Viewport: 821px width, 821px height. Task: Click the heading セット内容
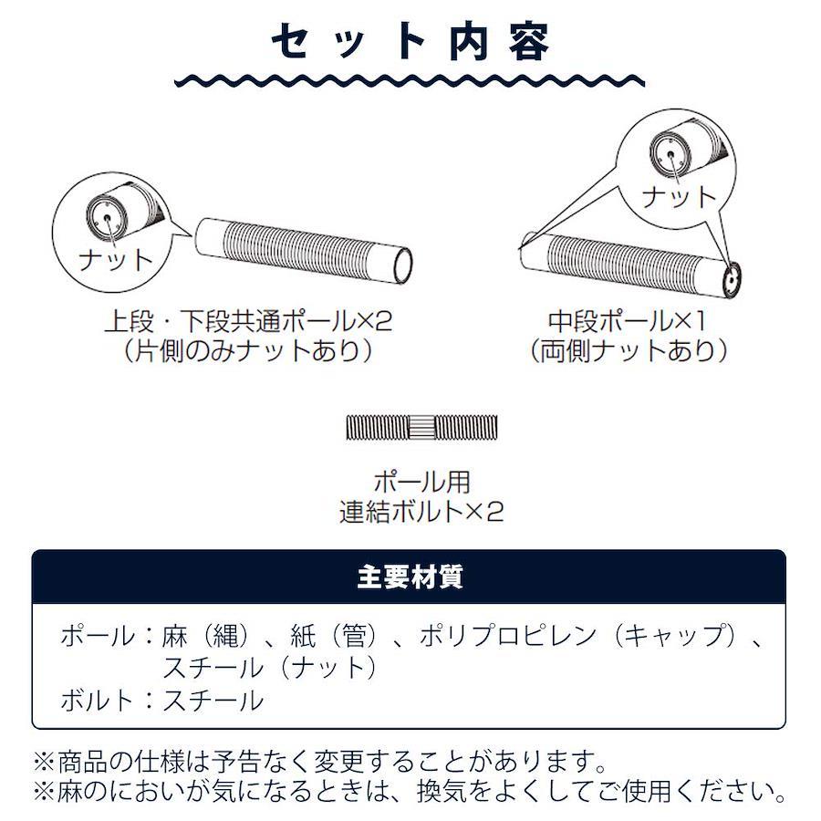pos(410,41)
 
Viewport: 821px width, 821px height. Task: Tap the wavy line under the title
pos(410,80)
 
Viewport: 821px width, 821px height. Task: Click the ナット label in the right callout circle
pos(679,197)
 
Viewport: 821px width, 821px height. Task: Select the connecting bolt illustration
pos(421,427)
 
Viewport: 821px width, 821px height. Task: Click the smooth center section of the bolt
pos(421,427)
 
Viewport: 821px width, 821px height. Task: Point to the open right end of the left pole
pos(402,266)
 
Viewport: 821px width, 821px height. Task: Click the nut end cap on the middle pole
pos(733,280)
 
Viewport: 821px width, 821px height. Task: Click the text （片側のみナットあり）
pos(247,350)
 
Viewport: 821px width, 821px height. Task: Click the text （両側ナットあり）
pos(628,350)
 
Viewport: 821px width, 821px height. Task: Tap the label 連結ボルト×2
pos(421,512)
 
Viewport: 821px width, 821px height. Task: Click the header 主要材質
pos(410,577)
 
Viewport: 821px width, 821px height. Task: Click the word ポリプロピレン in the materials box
pos(507,636)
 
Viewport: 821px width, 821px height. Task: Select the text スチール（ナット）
pos(271,668)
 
